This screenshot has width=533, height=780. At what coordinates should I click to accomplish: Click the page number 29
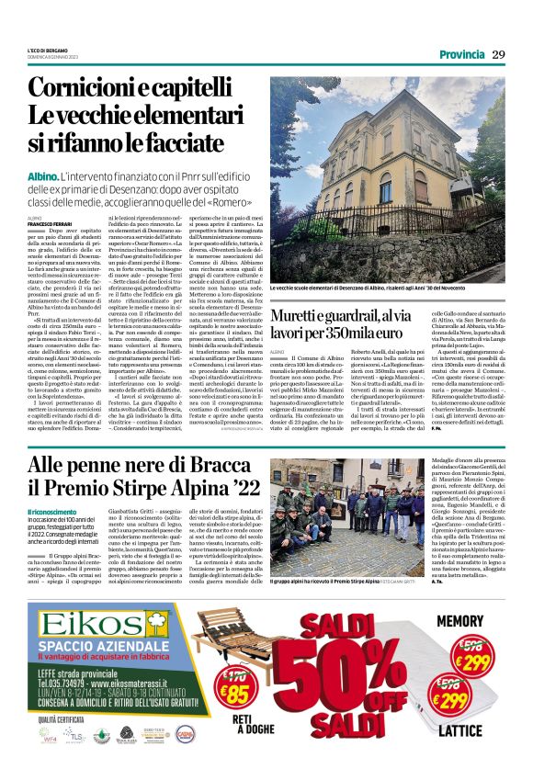click(498, 54)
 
